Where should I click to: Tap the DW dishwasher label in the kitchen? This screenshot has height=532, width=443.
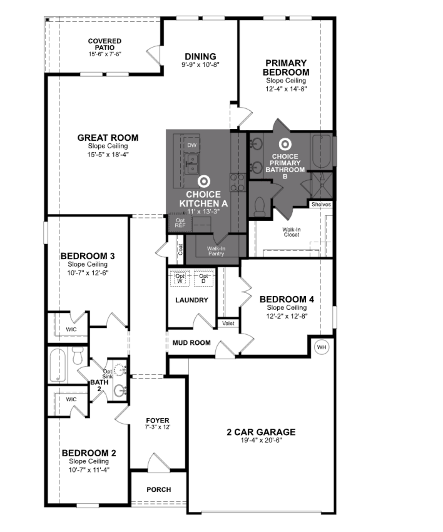pos(192,145)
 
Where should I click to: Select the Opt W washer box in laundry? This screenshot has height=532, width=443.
pos(180,278)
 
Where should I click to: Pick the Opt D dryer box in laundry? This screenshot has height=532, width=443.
pos(203,278)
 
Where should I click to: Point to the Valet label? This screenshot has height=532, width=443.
pos(228,323)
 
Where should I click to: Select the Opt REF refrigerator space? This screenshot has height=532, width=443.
pos(180,223)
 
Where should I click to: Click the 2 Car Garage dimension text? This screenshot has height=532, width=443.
pos(261,440)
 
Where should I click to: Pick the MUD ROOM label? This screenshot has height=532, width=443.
pos(192,343)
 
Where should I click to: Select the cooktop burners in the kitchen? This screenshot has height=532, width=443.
pos(238,182)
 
